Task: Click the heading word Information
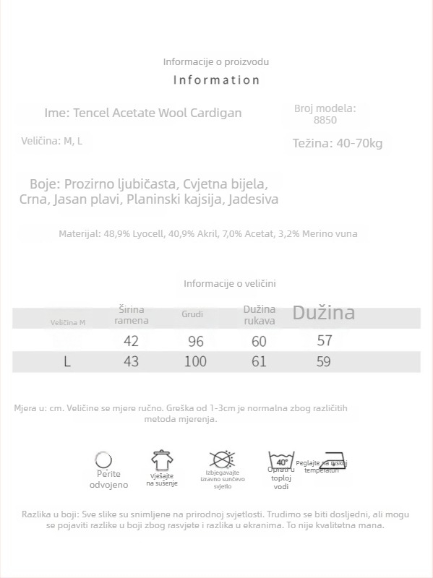pyautogui.click(x=216, y=80)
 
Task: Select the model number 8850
pyautogui.click(x=325, y=121)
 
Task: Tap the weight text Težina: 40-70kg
pyautogui.click(x=338, y=143)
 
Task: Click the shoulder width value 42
pyautogui.click(x=131, y=341)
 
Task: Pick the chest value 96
pyautogui.click(x=195, y=341)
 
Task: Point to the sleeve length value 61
pyautogui.click(x=259, y=361)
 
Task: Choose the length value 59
pyautogui.click(x=324, y=361)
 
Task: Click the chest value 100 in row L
pyautogui.click(x=195, y=361)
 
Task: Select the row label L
pyautogui.click(x=67, y=361)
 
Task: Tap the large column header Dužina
pyautogui.click(x=323, y=313)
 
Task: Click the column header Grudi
pyautogui.click(x=192, y=314)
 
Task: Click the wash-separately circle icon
pyautogui.click(x=104, y=460)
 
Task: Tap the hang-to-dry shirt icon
pyautogui.click(x=162, y=460)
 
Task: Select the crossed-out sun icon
pyautogui.click(x=222, y=460)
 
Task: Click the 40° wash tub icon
pyautogui.click(x=281, y=461)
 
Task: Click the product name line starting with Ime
pyautogui.click(x=143, y=113)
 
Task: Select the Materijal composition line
pyautogui.click(x=207, y=233)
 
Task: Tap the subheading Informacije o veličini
pyautogui.click(x=230, y=284)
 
